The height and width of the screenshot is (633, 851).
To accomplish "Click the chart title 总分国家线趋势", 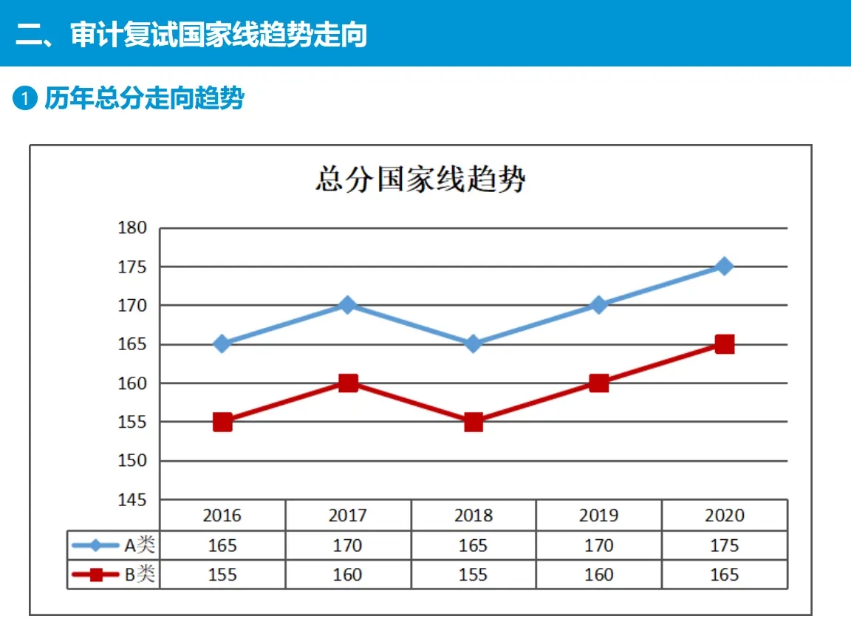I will [420, 179].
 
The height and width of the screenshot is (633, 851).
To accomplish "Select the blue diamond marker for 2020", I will [725, 266].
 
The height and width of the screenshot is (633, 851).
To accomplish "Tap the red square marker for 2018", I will [474, 422].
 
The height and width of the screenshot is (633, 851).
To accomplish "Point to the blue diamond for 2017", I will [348, 304].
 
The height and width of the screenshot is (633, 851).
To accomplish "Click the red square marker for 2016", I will [222, 422].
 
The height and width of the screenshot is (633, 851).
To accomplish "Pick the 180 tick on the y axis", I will [132, 227].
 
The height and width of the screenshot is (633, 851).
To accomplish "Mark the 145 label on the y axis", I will [132, 500].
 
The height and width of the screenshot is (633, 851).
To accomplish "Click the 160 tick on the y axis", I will [132, 383].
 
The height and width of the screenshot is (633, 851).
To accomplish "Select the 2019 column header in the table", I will [598, 515].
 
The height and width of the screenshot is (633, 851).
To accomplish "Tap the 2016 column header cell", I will [222, 515].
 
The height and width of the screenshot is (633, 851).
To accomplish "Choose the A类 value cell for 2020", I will [724, 545].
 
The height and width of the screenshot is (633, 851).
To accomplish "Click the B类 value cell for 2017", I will [347, 575].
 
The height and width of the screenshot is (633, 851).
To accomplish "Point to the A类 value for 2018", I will [473, 545].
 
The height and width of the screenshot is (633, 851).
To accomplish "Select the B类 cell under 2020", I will [724, 575].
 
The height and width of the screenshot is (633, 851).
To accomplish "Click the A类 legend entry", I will [114, 545].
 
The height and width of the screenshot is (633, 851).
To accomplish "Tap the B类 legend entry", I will [114, 575].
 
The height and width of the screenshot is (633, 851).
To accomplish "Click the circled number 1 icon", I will [25, 98].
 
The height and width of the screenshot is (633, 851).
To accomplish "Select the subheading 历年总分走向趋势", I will [144, 98].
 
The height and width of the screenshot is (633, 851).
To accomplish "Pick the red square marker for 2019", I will [599, 383].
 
